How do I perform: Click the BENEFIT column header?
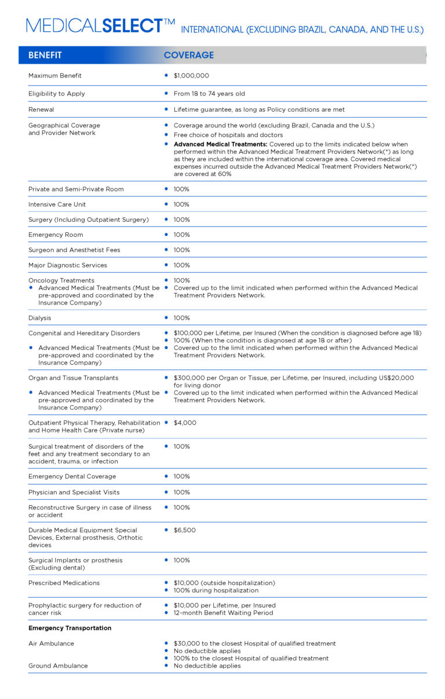pos(45,55)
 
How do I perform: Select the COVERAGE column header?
pos(188,55)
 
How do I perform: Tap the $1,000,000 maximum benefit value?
pos(191,76)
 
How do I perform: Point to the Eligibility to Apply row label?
pos(57,94)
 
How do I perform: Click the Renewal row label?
pos(41,109)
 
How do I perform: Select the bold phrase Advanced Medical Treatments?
pos(220,144)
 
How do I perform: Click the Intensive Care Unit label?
pos(57,204)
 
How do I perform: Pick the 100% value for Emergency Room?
pos(181,235)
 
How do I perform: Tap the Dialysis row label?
pos(40,318)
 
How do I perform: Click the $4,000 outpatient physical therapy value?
pos(185,423)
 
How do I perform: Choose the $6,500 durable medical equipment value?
pos(185,530)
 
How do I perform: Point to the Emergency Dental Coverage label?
pos(72,477)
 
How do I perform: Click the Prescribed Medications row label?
pos(64,583)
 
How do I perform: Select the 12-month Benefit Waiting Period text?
pos(223,613)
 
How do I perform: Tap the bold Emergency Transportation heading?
pos(70,628)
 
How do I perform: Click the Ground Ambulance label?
pos(58,666)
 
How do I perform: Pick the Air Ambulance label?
pos(51,643)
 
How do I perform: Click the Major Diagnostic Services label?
pos(68,265)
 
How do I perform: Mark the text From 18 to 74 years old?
pos(209,94)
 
